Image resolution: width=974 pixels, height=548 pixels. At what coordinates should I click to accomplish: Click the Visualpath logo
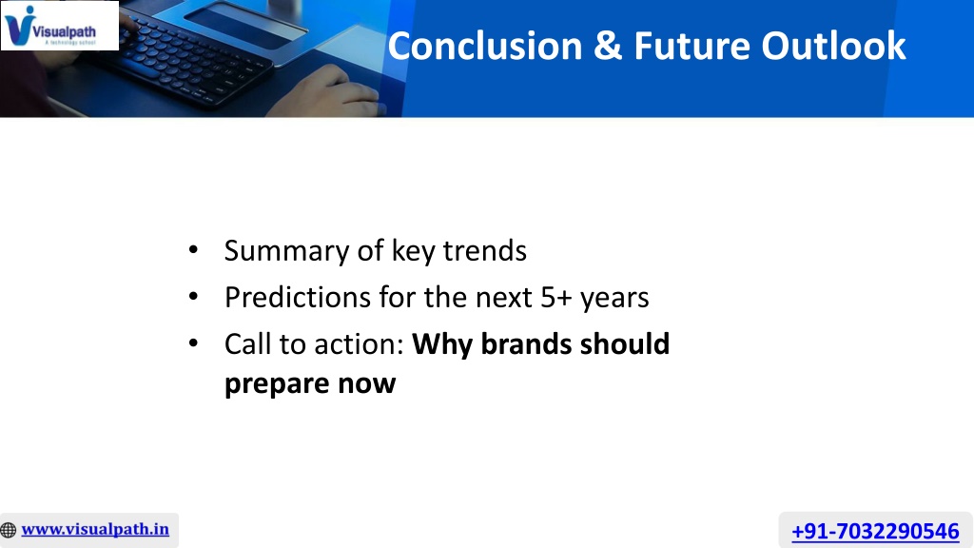(60, 26)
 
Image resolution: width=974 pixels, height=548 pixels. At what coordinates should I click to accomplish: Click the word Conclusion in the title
(485, 46)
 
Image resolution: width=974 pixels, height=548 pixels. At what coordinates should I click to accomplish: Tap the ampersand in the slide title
(608, 46)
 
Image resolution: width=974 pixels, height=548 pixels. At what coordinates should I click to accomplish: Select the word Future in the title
(692, 46)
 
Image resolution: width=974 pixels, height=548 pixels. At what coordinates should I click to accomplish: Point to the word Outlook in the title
(833, 46)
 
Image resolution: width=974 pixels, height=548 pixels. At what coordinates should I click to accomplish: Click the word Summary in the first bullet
(286, 251)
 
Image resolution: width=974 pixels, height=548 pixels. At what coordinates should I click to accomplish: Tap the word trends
(484, 250)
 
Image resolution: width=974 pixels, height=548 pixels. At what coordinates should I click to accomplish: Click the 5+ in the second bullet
(555, 298)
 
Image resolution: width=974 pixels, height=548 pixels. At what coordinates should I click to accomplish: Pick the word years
(614, 299)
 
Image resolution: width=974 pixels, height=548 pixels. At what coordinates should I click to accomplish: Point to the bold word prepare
(277, 384)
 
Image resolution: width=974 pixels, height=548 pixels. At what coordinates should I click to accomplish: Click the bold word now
(366, 384)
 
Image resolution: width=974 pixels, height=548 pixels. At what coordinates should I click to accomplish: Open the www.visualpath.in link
(95, 529)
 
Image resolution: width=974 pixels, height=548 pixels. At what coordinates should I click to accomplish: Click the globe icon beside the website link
(9, 530)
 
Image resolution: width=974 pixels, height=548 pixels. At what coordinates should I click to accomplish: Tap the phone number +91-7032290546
(875, 531)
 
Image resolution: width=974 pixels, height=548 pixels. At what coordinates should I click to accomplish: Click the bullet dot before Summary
(193, 250)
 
